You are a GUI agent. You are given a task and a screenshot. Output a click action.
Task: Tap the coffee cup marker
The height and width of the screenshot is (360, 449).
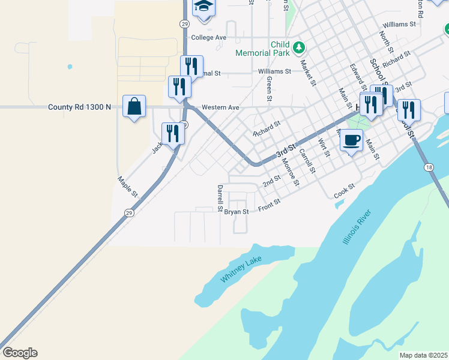[x=351, y=141]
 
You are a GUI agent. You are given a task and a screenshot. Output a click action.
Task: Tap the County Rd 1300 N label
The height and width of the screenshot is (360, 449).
[x=80, y=107]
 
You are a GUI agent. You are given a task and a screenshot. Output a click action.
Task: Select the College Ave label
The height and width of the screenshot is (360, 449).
[x=208, y=37]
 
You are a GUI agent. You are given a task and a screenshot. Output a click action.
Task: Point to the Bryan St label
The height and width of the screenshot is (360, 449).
[x=237, y=212]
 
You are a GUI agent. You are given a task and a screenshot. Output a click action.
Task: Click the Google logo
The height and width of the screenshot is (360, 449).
[x=20, y=353]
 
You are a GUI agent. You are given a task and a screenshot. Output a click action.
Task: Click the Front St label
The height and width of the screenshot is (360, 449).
[x=269, y=205]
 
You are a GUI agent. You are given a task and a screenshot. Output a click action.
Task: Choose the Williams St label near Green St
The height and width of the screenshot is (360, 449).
[x=274, y=71]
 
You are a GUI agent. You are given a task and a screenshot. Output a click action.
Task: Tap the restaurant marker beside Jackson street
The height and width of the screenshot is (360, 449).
[x=173, y=133]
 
